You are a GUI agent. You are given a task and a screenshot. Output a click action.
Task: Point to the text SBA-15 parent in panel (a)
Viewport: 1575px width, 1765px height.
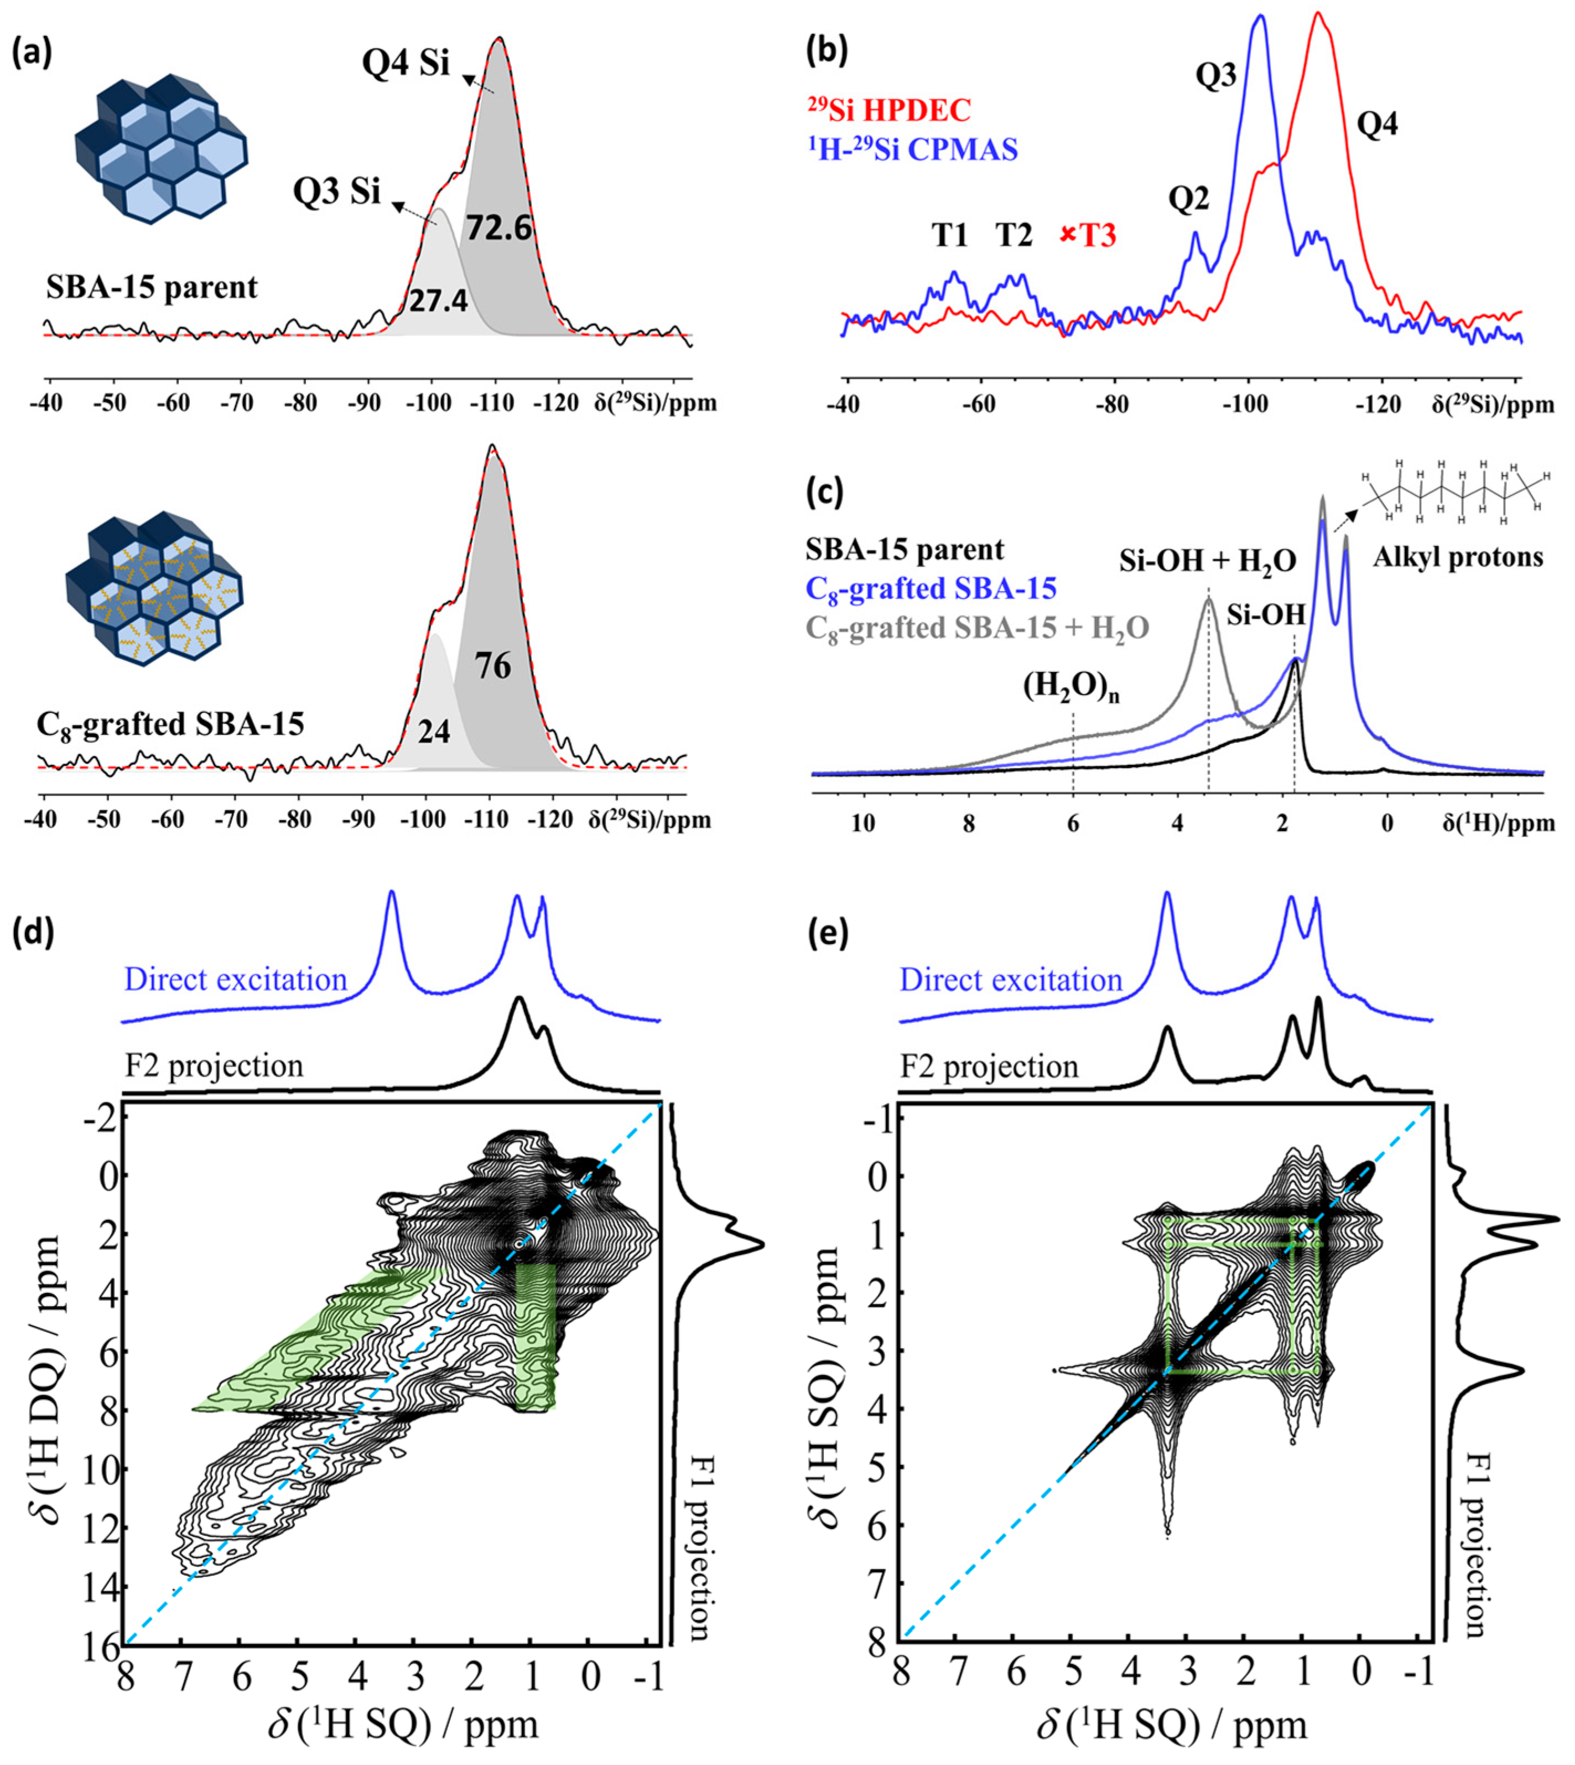point(152,287)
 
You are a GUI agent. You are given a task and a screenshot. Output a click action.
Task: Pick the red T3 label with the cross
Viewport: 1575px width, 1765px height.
point(1089,235)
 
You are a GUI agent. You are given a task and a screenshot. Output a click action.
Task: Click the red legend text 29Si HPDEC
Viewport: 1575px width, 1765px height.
point(890,110)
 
